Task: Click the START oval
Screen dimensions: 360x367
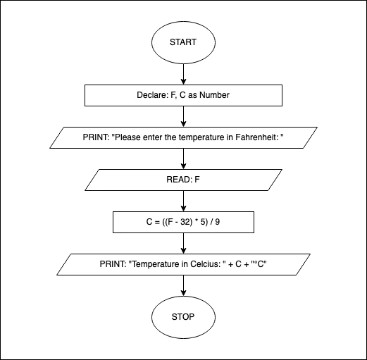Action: click(x=183, y=42)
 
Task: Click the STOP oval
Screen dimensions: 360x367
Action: click(x=183, y=316)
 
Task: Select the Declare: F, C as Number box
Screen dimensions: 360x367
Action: click(x=183, y=94)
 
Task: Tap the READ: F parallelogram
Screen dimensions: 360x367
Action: click(x=183, y=179)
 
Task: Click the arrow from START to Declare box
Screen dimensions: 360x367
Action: click(x=183, y=73)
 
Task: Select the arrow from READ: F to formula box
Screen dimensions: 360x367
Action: click(x=183, y=200)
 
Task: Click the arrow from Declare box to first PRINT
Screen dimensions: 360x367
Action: click(x=183, y=116)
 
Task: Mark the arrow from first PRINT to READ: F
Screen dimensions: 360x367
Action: click(x=183, y=158)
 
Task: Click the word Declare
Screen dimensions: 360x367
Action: click(x=151, y=94)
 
